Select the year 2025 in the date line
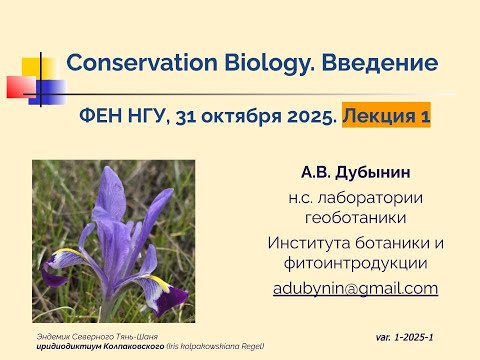tap(305, 117)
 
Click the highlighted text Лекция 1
tap(386, 117)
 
